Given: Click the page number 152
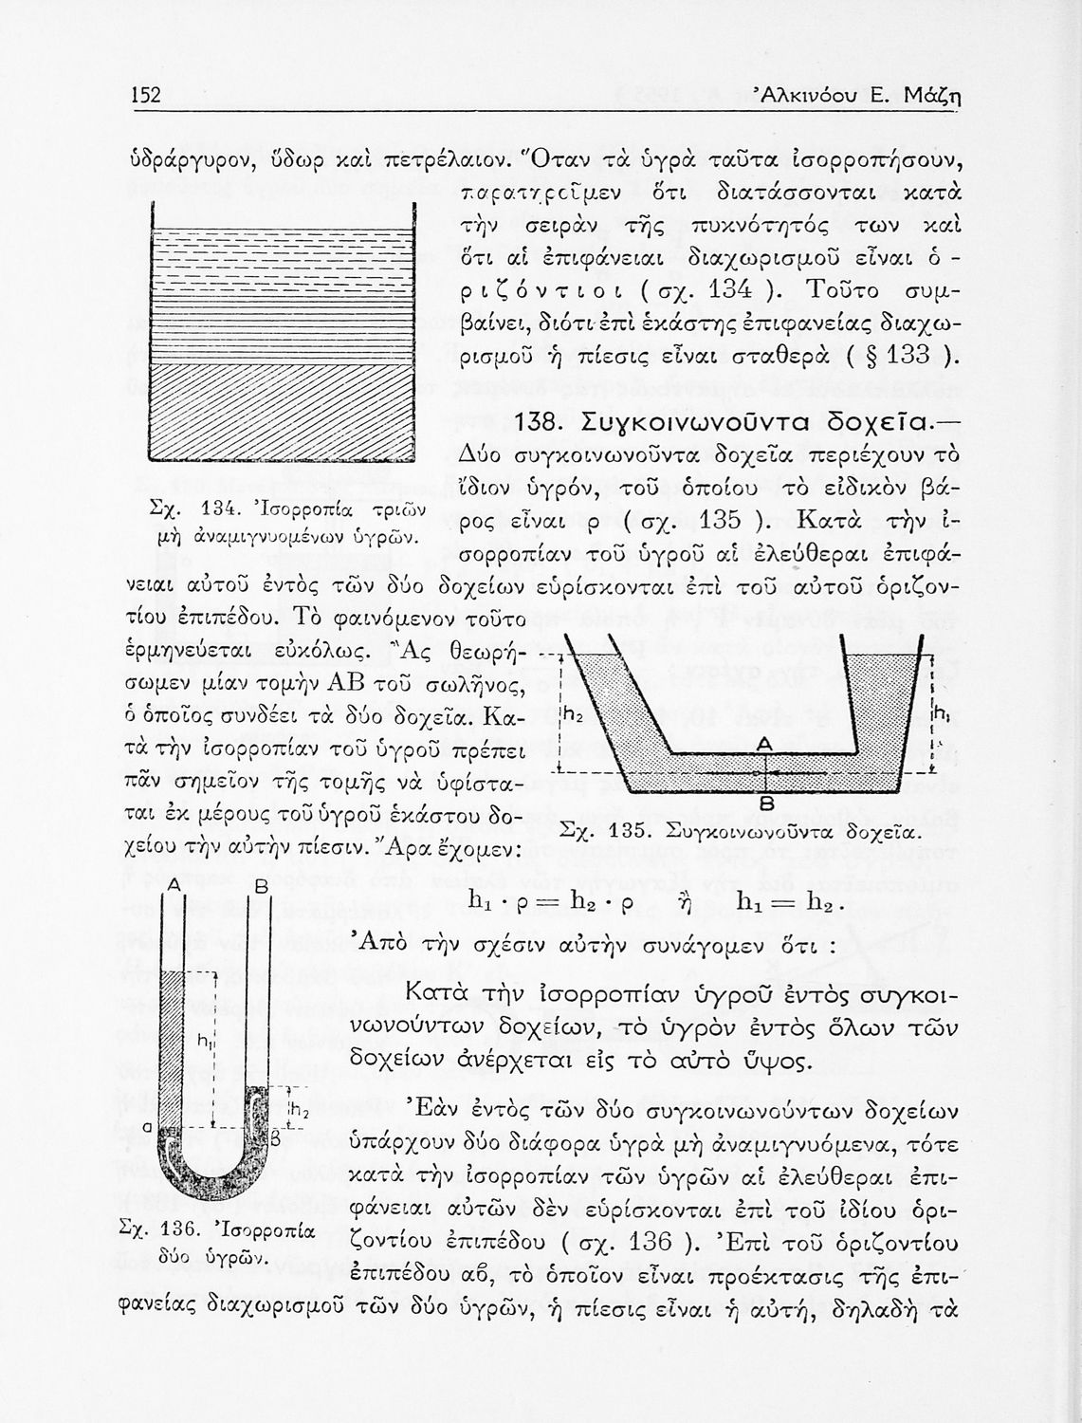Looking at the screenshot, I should (x=146, y=95).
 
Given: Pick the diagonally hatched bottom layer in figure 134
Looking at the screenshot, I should (x=283, y=410).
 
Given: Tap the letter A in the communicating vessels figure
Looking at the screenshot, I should (x=764, y=746).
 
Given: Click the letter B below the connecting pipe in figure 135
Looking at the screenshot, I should (x=767, y=803).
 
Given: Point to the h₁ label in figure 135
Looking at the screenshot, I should (x=939, y=712).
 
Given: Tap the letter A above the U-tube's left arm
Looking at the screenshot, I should (x=174, y=884).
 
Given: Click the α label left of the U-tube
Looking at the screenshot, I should (x=148, y=1126).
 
